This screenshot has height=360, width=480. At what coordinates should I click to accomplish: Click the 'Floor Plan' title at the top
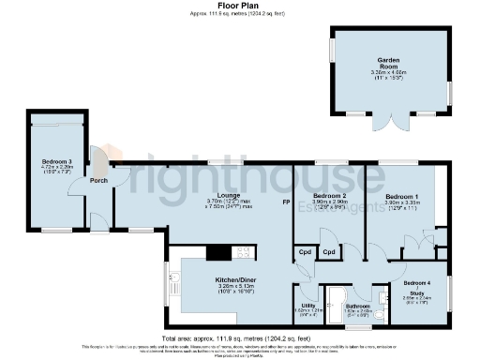point(239,5)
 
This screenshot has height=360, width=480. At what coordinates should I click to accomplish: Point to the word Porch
point(98,180)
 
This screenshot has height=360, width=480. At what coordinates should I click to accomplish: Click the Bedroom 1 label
point(402,195)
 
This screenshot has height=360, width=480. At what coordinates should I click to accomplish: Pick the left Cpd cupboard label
point(306,252)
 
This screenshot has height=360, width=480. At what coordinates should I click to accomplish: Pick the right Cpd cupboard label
point(329,252)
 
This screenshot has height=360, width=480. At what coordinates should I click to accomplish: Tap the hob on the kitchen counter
point(218,251)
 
